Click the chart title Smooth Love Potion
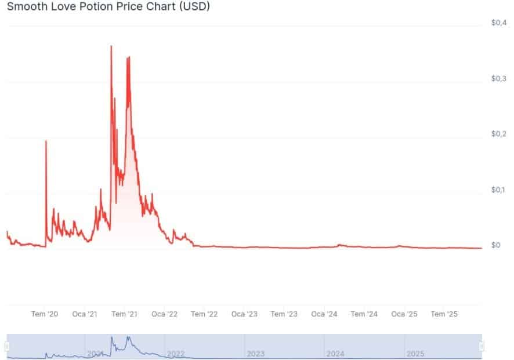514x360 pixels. (x=108, y=7)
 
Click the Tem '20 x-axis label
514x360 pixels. (x=45, y=314)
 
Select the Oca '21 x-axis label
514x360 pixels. (x=85, y=314)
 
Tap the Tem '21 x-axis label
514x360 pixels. (x=124, y=314)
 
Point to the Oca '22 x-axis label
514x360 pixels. (x=164, y=314)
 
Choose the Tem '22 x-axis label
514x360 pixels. (x=204, y=314)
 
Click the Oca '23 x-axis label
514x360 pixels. (x=244, y=314)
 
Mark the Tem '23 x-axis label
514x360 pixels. (x=284, y=314)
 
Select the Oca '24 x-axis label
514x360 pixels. (x=324, y=314)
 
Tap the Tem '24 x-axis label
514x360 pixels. (x=364, y=314)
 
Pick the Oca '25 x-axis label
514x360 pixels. (x=404, y=314)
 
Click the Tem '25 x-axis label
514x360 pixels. (x=444, y=314)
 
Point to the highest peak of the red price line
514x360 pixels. (x=111, y=46)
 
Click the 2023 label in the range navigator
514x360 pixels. (x=256, y=353)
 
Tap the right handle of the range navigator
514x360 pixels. (x=482, y=346)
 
